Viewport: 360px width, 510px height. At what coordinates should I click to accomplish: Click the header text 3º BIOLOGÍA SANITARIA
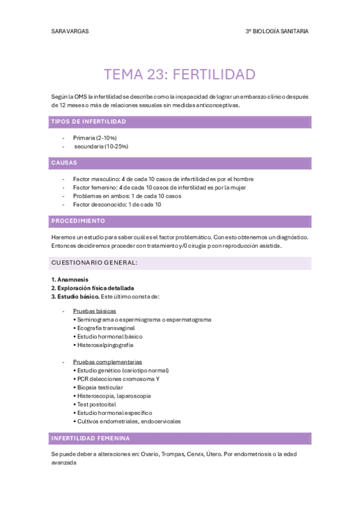(x=277, y=31)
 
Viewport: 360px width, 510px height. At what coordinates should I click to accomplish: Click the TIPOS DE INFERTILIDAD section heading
(x=88, y=121)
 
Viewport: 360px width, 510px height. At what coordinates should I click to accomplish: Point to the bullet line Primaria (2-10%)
(x=94, y=138)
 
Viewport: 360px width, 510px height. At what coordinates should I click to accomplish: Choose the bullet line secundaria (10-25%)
(x=100, y=146)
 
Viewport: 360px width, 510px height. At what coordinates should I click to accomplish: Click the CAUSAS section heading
(x=64, y=162)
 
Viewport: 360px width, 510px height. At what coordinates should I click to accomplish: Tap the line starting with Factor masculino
(x=163, y=179)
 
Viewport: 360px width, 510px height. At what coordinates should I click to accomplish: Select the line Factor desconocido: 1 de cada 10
(x=117, y=204)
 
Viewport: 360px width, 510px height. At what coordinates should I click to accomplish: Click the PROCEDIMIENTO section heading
(x=78, y=221)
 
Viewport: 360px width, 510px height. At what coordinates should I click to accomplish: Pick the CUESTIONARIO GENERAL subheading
(x=94, y=263)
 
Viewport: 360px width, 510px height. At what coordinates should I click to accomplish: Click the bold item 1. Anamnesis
(x=70, y=279)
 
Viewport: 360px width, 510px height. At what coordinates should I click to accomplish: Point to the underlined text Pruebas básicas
(x=94, y=311)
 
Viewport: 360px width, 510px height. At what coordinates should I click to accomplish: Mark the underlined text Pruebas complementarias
(x=107, y=362)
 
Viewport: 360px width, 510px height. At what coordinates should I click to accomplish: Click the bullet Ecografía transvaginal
(x=106, y=328)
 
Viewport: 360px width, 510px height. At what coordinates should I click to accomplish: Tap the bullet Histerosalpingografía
(x=105, y=345)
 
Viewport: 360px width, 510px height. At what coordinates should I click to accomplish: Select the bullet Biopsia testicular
(x=99, y=387)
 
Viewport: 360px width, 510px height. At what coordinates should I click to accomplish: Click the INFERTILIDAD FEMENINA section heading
(x=90, y=438)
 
